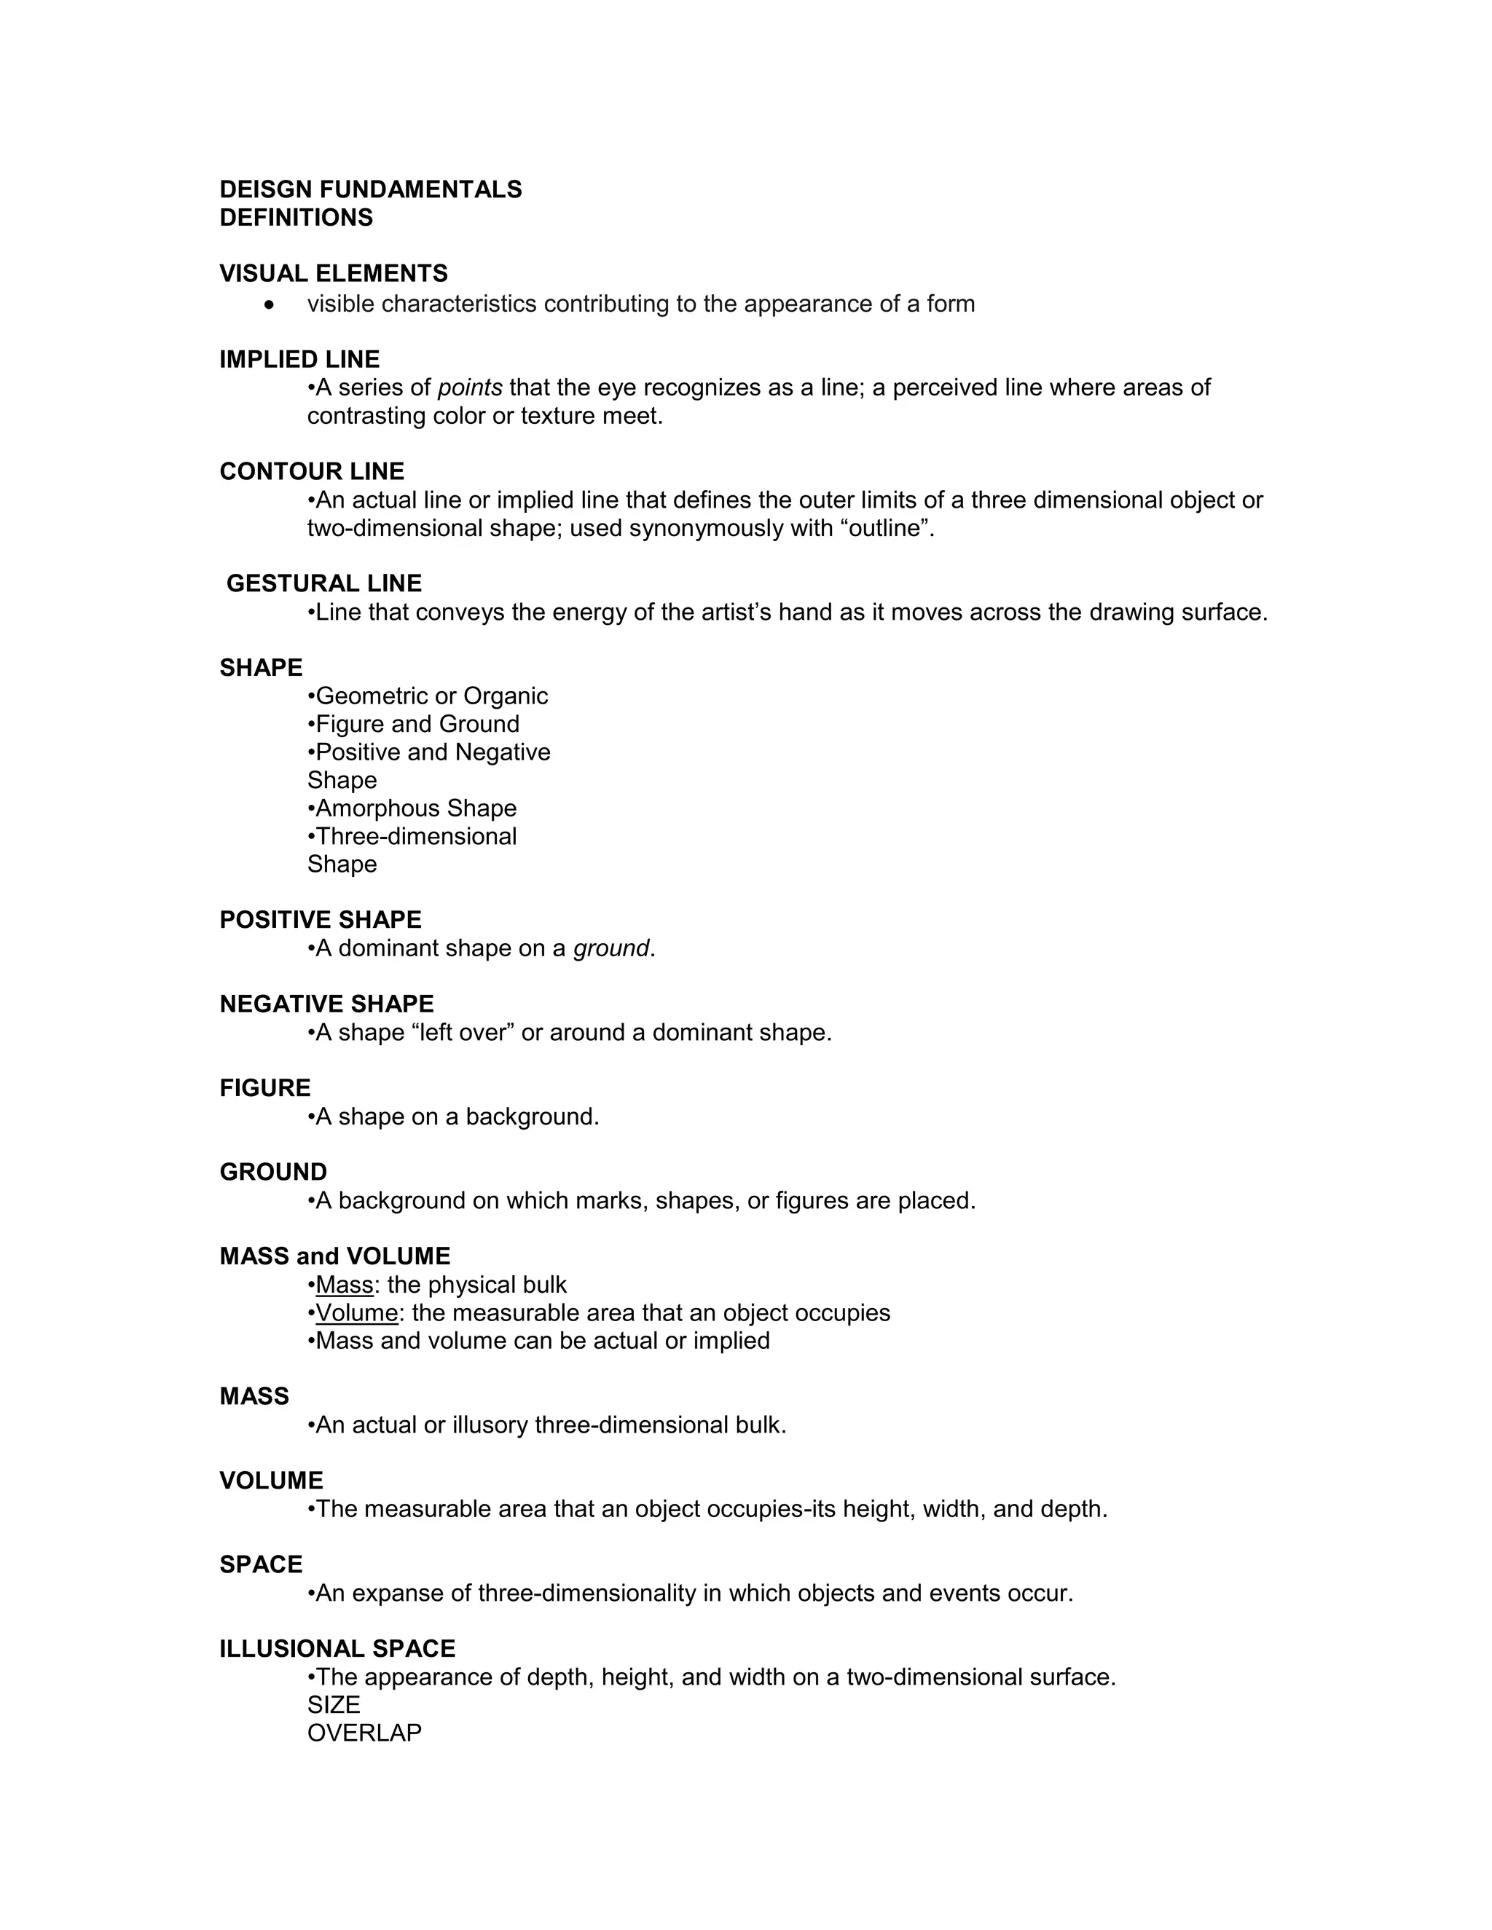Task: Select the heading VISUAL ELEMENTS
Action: tap(333, 274)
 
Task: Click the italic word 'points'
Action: tap(470, 388)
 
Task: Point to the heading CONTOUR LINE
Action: tap(311, 472)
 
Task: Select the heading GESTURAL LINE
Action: tap(323, 584)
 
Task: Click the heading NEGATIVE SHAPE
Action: tap(326, 1005)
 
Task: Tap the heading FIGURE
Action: tap(265, 1089)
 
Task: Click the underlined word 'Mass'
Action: tap(344, 1285)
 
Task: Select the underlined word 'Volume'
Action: tap(356, 1314)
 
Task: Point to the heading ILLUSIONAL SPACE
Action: tap(337, 1650)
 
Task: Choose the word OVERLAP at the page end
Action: tap(364, 1734)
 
